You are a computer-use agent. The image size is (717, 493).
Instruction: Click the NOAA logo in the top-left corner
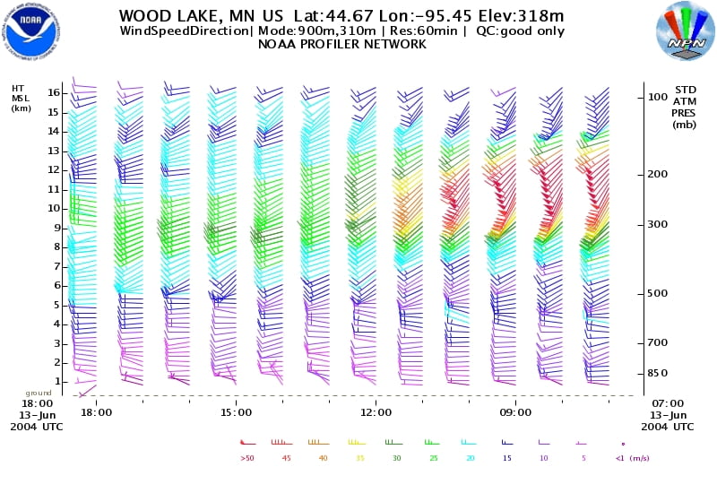click(x=31, y=30)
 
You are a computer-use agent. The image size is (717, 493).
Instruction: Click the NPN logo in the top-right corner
click(x=686, y=31)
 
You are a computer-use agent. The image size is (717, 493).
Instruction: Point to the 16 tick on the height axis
click(x=54, y=92)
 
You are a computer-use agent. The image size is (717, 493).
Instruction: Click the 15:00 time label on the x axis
click(x=236, y=412)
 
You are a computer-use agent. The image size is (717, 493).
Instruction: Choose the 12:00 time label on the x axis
click(x=376, y=412)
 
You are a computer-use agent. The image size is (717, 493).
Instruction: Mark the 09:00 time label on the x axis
click(x=516, y=412)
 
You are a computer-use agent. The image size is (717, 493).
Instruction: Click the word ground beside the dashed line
click(x=37, y=394)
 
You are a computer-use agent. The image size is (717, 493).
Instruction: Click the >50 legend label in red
click(x=247, y=457)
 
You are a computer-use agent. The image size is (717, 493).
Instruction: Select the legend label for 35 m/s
click(x=359, y=457)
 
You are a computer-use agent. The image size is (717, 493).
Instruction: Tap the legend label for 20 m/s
click(x=471, y=457)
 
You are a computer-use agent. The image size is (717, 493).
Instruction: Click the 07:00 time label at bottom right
click(x=668, y=404)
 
